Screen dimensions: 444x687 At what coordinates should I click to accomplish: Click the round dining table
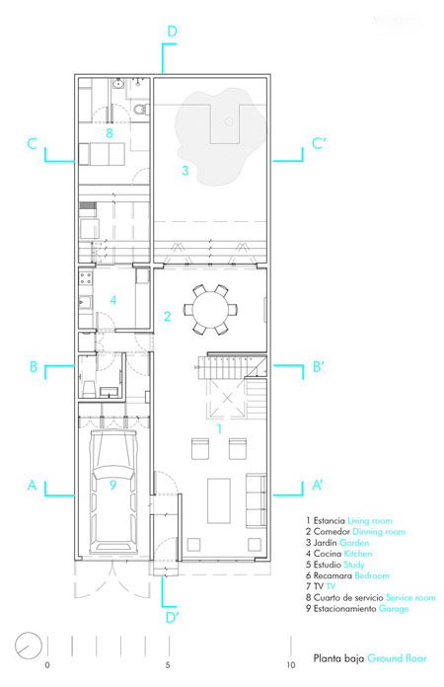(210, 309)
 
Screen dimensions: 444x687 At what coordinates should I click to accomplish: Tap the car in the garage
(112, 492)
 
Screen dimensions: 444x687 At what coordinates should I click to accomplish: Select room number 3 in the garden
(185, 170)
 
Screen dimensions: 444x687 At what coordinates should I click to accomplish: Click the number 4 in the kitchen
(112, 300)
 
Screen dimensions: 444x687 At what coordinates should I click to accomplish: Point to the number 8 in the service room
(110, 132)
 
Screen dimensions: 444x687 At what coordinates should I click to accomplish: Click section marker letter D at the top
(172, 32)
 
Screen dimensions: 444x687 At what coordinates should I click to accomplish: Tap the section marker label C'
(320, 144)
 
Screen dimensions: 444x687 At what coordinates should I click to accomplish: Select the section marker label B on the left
(34, 367)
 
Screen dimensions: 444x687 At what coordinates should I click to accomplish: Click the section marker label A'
(318, 485)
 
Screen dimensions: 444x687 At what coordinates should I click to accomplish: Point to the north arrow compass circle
(28, 647)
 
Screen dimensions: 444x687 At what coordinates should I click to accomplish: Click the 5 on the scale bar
(168, 665)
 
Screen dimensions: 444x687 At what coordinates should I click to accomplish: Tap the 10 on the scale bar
(291, 665)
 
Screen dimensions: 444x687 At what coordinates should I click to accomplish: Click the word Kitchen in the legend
(358, 554)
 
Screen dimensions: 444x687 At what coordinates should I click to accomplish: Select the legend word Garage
(394, 609)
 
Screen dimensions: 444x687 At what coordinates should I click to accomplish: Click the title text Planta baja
(338, 658)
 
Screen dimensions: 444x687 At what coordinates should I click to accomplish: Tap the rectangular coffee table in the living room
(219, 500)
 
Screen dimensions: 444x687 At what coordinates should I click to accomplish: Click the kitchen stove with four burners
(86, 277)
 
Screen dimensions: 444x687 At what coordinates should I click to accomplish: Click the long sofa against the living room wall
(256, 500)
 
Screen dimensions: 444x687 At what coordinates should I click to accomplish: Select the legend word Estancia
(329, 521)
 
